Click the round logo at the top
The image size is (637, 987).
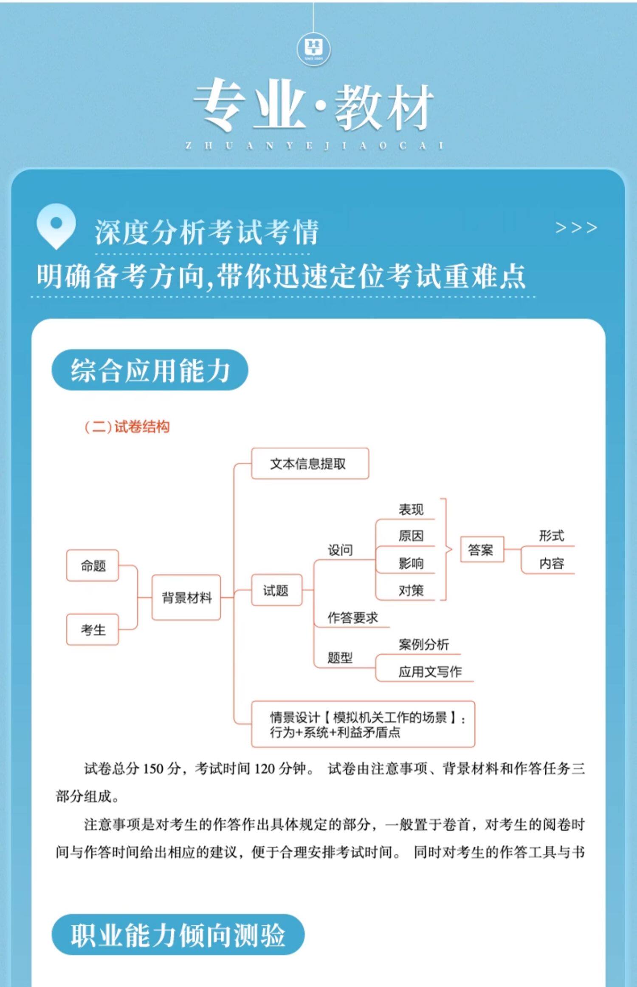313,48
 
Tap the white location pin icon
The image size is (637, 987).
56,226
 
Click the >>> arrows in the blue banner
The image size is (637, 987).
576,228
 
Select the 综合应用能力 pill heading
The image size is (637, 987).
150,370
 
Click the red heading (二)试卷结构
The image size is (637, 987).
127,427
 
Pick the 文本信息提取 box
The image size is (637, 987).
310,464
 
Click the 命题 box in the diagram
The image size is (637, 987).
93,566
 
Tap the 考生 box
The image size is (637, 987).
93,630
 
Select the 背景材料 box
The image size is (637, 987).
186,598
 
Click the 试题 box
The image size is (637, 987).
276,590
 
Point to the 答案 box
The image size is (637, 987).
482,550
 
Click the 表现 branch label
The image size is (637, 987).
411,510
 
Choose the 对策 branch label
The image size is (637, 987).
411,590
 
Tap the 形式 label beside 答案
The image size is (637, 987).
551,536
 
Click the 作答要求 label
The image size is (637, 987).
352,618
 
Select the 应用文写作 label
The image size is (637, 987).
429,672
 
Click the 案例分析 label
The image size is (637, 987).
423,644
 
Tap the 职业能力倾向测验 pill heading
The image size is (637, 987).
178,935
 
